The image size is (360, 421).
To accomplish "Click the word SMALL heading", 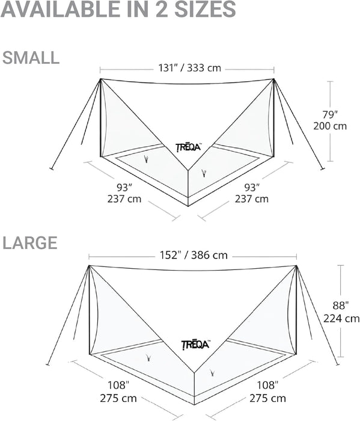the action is (31, 58).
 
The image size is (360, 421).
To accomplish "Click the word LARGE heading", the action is (30, 243).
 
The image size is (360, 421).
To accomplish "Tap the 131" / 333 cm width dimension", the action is (189, 68).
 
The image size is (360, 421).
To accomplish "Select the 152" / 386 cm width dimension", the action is (194, 255).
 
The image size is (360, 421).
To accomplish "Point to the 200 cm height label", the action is (330, 126).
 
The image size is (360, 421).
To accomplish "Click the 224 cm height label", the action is (341, 318).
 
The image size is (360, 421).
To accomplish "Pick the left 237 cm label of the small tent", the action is (124, 199).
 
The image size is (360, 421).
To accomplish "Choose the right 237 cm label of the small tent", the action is (252, 199).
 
